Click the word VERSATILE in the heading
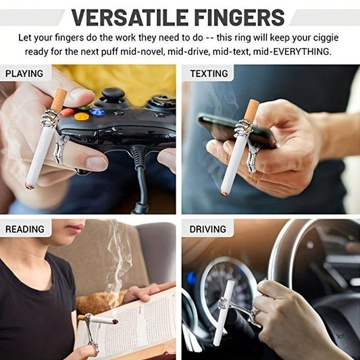point(130,18)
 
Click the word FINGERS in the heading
point(240,18)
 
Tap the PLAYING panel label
point(24,74)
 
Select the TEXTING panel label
point(209,74)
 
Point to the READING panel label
point(25,229)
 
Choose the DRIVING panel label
point(208,229)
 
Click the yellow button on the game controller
point(82,117)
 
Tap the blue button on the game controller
point(97,112)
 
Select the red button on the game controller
point(67,112)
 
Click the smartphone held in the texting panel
point(236,130)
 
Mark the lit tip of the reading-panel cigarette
point(115,322)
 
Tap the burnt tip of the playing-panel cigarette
point(30,186)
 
